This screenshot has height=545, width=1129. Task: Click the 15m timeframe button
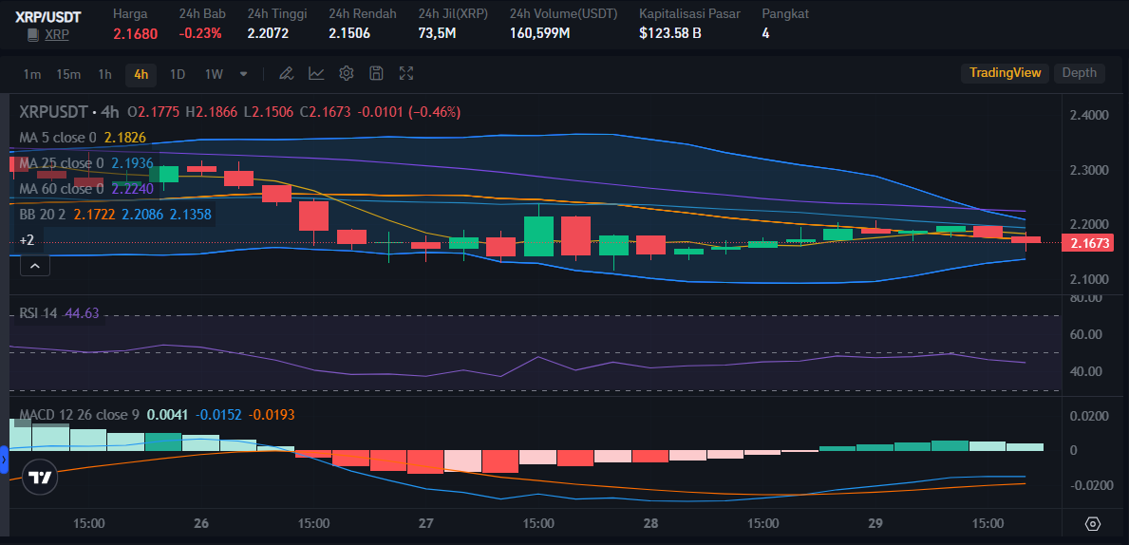[67, 74]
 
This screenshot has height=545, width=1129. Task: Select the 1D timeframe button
[178, 74]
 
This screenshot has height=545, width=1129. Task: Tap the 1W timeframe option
[214, 74]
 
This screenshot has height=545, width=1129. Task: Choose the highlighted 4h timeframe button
[141, 74]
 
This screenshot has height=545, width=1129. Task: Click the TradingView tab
[1005, 73]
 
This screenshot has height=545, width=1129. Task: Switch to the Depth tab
[1079, 73]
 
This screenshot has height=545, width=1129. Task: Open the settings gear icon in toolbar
[347, 73]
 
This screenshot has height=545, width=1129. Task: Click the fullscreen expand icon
[406, 73]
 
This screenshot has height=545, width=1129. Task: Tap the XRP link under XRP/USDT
[57, 34]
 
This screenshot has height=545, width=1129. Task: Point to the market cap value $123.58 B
[670, 33]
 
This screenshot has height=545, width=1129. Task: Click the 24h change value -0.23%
[200, 33]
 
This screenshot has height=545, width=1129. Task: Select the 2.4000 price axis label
[1088, 116]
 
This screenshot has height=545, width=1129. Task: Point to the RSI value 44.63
[82, 313]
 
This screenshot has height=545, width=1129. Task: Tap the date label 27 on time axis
[425, 523]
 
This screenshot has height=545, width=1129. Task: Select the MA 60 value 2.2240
[132, 189]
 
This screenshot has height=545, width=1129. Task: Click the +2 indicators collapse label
[27, 241]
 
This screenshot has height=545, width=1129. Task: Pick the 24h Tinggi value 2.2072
[268, 33]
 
